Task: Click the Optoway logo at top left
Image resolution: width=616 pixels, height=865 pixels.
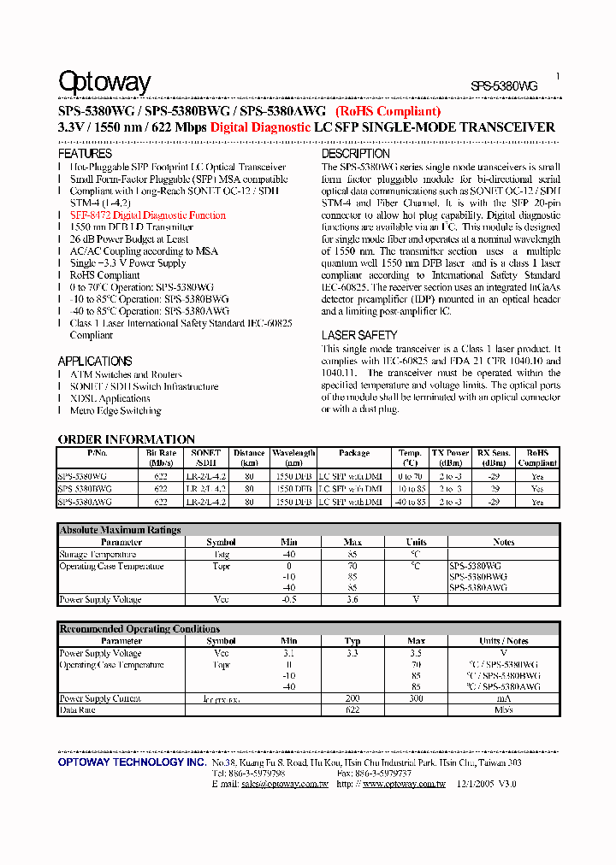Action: pyautogui.click(x=104, y=83)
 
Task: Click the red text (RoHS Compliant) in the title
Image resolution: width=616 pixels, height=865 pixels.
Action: pyautogui.click(x=388, y=111)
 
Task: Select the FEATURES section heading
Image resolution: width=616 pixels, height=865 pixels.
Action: pyautogui.click(x=85, y=154)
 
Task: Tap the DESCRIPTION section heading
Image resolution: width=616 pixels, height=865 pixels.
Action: pyautogui.click(x=356, y=154)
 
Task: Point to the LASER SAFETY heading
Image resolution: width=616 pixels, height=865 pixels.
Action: pyautogui.click(x=359, y=336)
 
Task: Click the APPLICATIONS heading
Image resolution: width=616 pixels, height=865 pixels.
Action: pyautogui.click(x=95, y=362)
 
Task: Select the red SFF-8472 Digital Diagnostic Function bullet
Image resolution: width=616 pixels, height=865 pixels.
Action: pyautogui.click(x=147, y=215)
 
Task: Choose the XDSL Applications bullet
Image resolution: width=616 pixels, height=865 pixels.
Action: pyautogui.click(x=110, y=398)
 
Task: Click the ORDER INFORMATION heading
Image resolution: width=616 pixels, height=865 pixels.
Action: pyautogui.click(x=127, y=439)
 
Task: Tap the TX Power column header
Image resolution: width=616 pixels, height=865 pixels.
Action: pyautogui.click(x=450, y=457)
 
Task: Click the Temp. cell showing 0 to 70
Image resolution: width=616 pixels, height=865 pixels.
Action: pyautogui.click(x=410, y=476)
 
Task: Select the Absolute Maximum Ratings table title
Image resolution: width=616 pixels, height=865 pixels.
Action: pyautogui.click(x=121, y=530)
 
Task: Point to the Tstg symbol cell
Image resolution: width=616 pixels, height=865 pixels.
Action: pyautogui.click(x=221, y=555)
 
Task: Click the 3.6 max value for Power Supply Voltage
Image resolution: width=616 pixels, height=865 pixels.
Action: pyautogui.click(x=352, y=600)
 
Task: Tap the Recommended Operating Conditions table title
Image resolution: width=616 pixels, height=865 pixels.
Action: pyautogui.click(x=139, y=629)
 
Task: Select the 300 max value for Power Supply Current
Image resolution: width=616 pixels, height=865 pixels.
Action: pyautogui.click(x=416, y=698)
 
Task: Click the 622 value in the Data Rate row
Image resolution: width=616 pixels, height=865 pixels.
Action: pyautogui.click(x=352, y=710)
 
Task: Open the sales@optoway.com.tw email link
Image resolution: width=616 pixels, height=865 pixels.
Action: pyautogui.click(x=285, y=783)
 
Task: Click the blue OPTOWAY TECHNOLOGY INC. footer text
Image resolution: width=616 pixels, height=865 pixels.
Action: pyautogui.click(x=132, y=762)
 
